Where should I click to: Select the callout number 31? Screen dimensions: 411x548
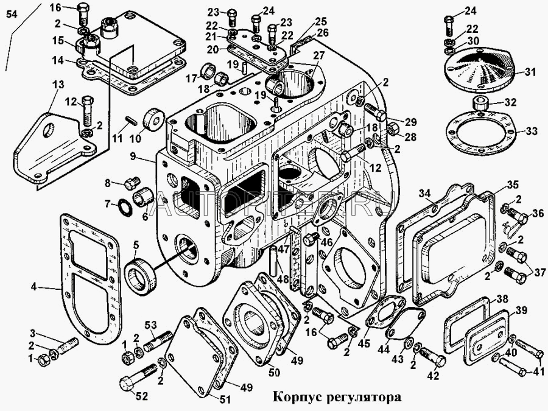click(530, 72)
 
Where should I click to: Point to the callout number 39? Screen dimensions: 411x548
click(521, 311)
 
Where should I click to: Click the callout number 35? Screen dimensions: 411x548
click(513, 184)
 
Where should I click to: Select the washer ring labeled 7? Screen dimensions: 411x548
click(126, 206)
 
